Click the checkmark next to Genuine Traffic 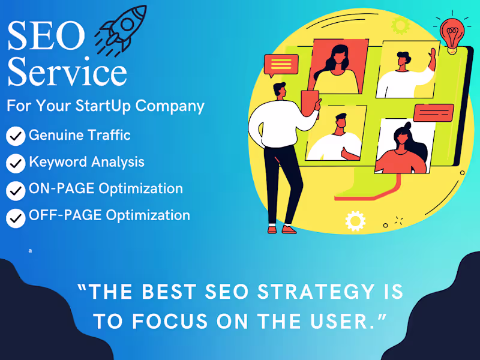click(x=16, y=137)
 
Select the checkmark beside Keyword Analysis click(x=16, y=163)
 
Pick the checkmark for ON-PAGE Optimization click(x=16, y=190)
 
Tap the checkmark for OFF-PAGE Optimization click(x=16, y=217)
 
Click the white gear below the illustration click(x=355, y=221)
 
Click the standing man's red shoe click(x=289, y=229)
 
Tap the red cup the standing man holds click(x=310, y=99)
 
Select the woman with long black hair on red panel click(x=337, y=64)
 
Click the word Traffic click(x=110, y=135)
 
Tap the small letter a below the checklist click(x=29, y=250)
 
